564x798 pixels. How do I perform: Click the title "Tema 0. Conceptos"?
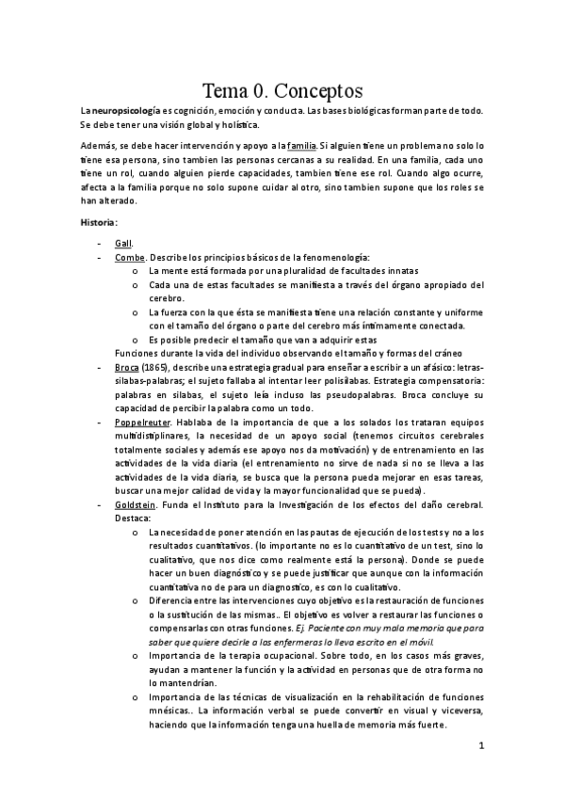(x=282, y=91)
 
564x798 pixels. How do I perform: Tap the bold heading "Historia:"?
(x=99, y=222)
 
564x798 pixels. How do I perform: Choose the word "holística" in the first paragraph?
(x=235, y=124)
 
